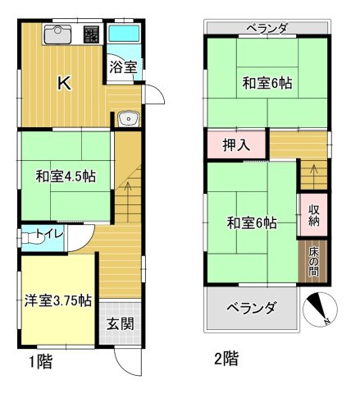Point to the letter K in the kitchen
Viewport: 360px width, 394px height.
click(64, 82)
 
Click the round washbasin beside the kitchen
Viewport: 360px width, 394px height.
click(127, 120)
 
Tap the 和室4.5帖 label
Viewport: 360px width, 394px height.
click(65, 176)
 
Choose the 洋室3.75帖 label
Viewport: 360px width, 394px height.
click(56, 300)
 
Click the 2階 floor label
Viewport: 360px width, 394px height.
click(227, 359)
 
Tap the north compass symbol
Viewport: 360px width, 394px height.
click(320, 309)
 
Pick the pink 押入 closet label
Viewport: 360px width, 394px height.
click(236, 147)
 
